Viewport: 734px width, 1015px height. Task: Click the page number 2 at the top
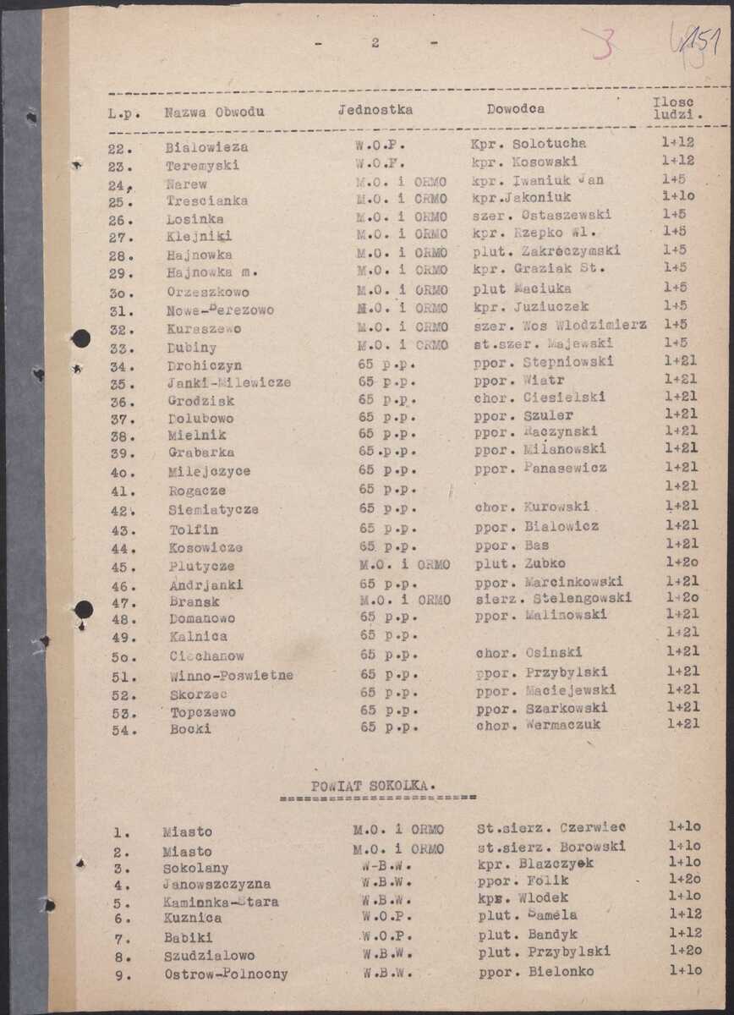pos(375,43)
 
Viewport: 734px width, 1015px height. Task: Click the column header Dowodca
pos(515,109)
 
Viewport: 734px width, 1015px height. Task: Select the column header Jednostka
pos(375,110)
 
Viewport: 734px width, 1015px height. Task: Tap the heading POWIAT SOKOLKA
pos(373,785)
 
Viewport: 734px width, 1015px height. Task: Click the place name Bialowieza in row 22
pos(200,147)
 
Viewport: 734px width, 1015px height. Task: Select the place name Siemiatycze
pos(213,510)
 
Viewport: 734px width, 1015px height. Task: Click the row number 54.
pos(124,730)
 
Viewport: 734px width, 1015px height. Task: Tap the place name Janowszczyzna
pos(216,885)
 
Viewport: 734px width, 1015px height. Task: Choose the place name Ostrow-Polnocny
pos(226,974)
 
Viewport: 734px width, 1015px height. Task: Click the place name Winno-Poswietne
pos(231,675)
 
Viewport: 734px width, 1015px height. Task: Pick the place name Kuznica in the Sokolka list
pos(193,918)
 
